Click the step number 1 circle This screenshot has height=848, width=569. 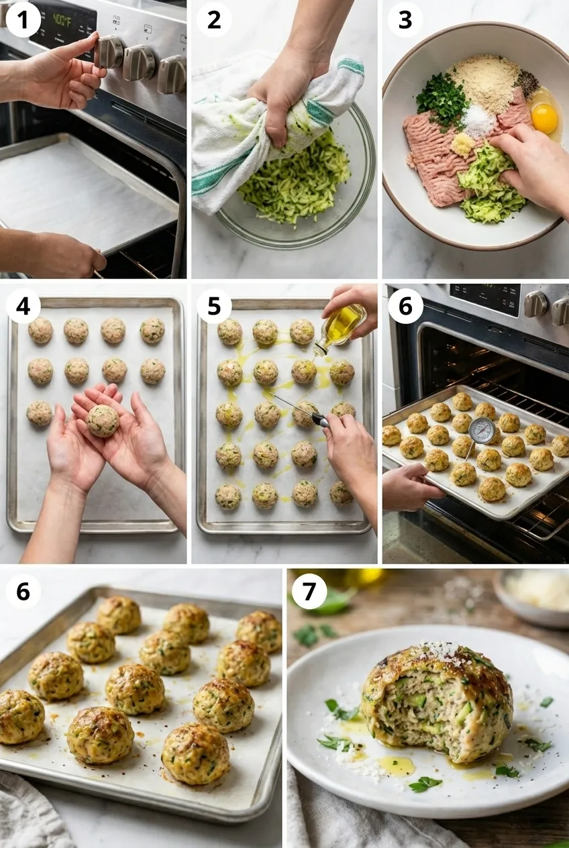[23, 20]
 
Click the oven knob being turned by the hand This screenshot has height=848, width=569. [109, 52]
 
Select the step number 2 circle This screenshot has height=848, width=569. [214, 20]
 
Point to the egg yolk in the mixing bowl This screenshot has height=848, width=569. [544, 117]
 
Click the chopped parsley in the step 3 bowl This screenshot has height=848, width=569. [441, 101]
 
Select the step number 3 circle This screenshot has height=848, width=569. [405, 20]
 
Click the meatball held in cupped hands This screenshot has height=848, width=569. [103, 421]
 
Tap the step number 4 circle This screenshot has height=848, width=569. [23, 306]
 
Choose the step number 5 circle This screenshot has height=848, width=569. [214, 306]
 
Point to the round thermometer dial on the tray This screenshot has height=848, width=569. [482, 430]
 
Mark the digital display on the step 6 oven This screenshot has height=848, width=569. [484, 299]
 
